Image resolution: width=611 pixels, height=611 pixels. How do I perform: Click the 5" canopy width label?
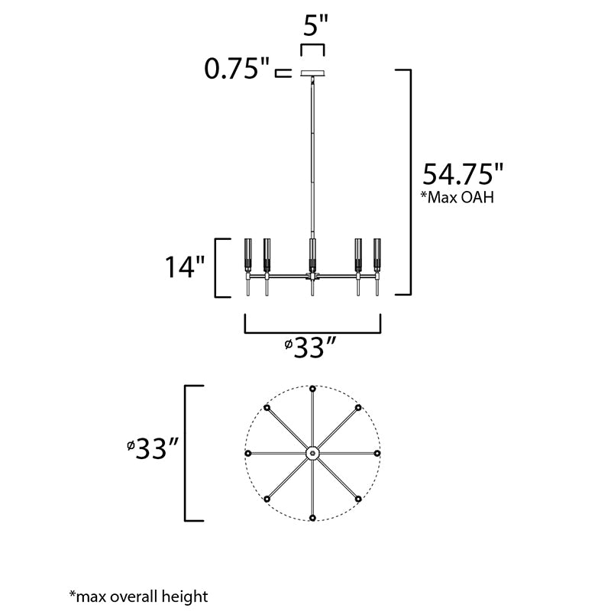coord(315,26)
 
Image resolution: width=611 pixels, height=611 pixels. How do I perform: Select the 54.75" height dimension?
coord(463,174)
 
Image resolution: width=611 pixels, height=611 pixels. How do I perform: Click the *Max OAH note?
coord(457,197)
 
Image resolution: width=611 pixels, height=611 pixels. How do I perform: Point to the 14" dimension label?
coord(185,267)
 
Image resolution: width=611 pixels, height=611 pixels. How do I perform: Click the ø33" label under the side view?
coord(310,348)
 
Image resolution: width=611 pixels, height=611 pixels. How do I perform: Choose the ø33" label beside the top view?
coord(153,448)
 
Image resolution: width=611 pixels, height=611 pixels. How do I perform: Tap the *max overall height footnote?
coord(139,596)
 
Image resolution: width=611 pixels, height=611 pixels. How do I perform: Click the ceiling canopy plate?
coord(312,73)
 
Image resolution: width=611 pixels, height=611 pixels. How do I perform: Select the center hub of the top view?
coord(312,453)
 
